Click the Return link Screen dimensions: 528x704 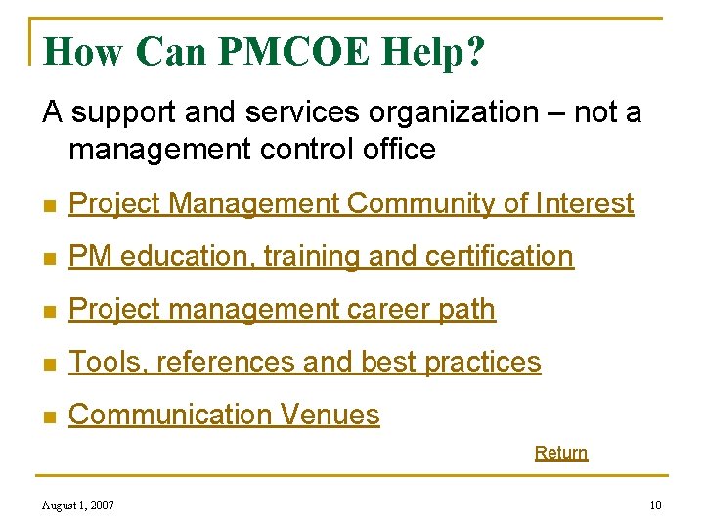coord(561,453)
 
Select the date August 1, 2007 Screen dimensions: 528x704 coord(78,506)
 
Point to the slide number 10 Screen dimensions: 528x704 coord(655,506)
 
